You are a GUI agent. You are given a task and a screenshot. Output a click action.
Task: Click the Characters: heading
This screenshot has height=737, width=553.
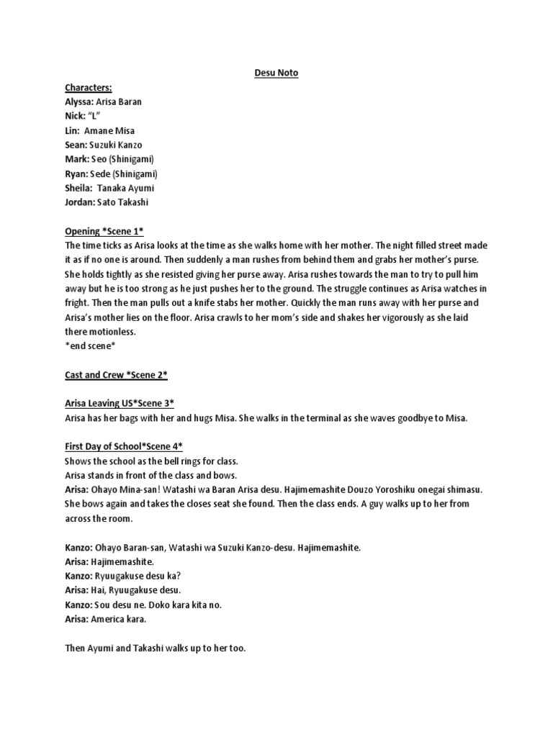pos(88,87)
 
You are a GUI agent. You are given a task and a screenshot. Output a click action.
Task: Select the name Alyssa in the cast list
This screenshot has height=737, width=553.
pos(79,101)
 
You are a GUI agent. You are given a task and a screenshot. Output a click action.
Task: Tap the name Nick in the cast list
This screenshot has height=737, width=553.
pos(74,116)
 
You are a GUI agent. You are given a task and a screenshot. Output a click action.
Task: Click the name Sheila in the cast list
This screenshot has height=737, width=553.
pos(78,188)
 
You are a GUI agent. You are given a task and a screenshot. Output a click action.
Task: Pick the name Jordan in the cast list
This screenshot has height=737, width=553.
pos(80,202)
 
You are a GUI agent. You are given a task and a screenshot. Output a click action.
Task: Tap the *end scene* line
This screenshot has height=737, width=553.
pos(90,346)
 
